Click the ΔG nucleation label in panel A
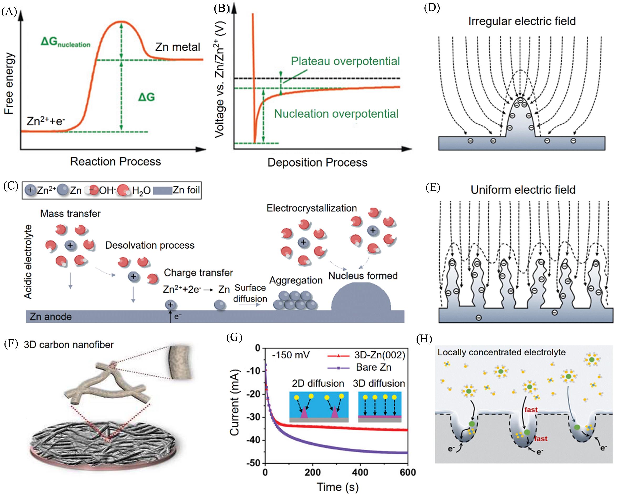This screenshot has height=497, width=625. coord(65,42)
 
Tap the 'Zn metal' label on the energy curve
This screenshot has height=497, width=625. coord(177,47)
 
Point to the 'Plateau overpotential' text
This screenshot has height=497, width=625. coord(345,61)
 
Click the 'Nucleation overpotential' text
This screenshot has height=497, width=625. coord(336,114)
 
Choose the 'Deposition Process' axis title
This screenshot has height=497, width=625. coord(317,163)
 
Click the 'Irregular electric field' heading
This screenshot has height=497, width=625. coord(522,21)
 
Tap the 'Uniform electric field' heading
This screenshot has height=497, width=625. coord(523,190)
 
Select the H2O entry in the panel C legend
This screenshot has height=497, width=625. coord(134,190)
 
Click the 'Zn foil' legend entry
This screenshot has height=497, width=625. coord(177,190)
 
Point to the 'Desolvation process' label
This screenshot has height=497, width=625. coord(150,245)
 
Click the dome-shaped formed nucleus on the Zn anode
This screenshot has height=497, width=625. coord(361,297)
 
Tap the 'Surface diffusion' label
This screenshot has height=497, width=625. coord(250,293)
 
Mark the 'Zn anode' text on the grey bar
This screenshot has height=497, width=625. coord(51,316)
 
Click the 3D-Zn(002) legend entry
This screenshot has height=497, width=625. coord(366,355)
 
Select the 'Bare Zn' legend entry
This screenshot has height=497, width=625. coord(360,367)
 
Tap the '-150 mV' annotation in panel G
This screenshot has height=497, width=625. coord(291,355)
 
